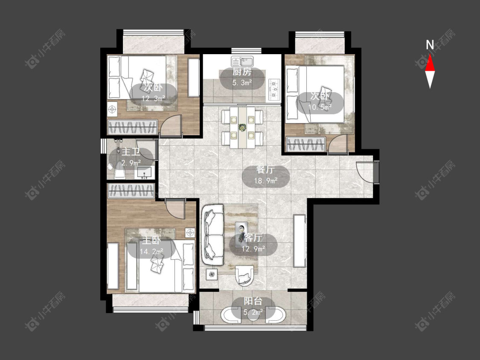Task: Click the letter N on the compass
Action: click(430, 45)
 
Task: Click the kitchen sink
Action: click(242, 61)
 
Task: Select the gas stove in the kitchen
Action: click(274, 90)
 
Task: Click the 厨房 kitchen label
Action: click(242, 72)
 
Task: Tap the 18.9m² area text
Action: click(266, 180)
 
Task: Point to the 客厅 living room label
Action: click(253, 238)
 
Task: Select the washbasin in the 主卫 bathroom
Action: click(144, 173)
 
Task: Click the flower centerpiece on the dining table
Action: click(243, 127)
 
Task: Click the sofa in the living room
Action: click(213, 235)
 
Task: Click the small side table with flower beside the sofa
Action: click(212, 274)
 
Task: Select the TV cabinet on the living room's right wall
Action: click(300, 241)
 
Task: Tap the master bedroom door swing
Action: click(175, 208)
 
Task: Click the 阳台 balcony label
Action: click(253, 301)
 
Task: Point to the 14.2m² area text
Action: click(151, 252)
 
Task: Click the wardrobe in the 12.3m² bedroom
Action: click(133, 127)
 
